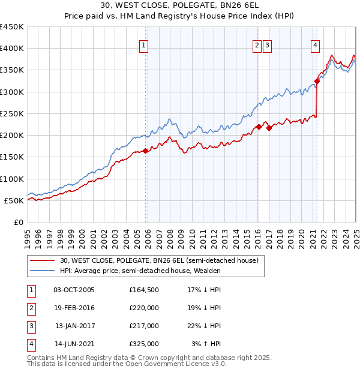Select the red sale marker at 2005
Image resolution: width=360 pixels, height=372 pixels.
(x=145, y=151)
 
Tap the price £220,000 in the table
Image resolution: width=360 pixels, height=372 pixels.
(x=144, y=308)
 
